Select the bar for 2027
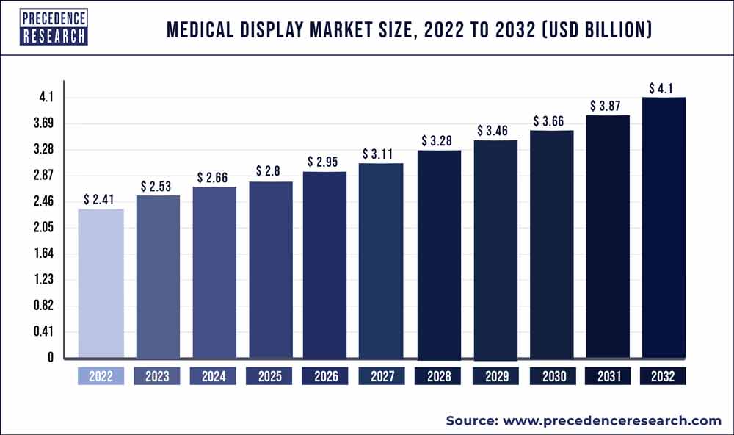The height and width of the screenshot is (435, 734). [x=381, y=261]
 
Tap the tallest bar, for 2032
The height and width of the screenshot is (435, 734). [x=664, y=228]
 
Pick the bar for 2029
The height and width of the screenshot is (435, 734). [x=495, y=250]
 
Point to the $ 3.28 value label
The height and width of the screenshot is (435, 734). [x=439, y=140]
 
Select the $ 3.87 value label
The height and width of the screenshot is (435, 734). [x=608, y=105]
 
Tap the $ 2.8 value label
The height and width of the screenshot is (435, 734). [x=269, y=170]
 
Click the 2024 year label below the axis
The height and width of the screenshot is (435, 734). [x=214, y=377]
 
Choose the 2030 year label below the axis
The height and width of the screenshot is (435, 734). [x=551, y=377]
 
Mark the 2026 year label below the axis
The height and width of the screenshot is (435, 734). [x=326, y=377]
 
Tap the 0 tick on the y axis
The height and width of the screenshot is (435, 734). [x=50, y=358]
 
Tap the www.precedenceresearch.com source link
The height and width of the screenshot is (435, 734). [x=611, y=420]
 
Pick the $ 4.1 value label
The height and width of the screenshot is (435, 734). [x=664, y=88]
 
